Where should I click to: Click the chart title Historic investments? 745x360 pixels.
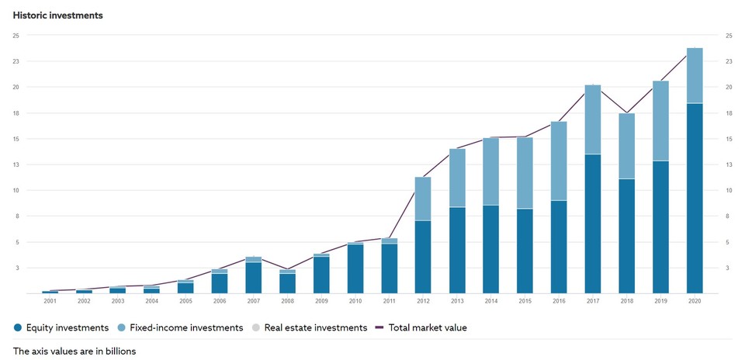pos(58,15)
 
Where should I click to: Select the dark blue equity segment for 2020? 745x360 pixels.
pos(695,198)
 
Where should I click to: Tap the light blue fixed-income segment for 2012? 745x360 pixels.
pos(423,199)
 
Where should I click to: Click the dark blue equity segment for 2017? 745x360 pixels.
pos(593,223)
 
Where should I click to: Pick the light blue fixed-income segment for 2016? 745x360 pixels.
pos(559,161)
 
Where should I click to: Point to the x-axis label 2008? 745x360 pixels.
pos(287,301)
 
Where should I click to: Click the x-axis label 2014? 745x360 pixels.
pos(491,301)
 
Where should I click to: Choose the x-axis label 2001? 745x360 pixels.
pos(50,301)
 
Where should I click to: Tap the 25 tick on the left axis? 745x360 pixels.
pos(16,36)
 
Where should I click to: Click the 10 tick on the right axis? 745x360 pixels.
pos(729,191)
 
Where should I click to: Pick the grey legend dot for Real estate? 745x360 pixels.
pos(256,327)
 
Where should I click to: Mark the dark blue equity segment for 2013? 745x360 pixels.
pos(457,250)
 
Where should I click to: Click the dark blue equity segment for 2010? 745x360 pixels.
pos(355,268)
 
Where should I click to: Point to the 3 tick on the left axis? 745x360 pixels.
pos(16,268)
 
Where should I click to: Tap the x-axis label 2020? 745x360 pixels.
pos(695,301)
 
